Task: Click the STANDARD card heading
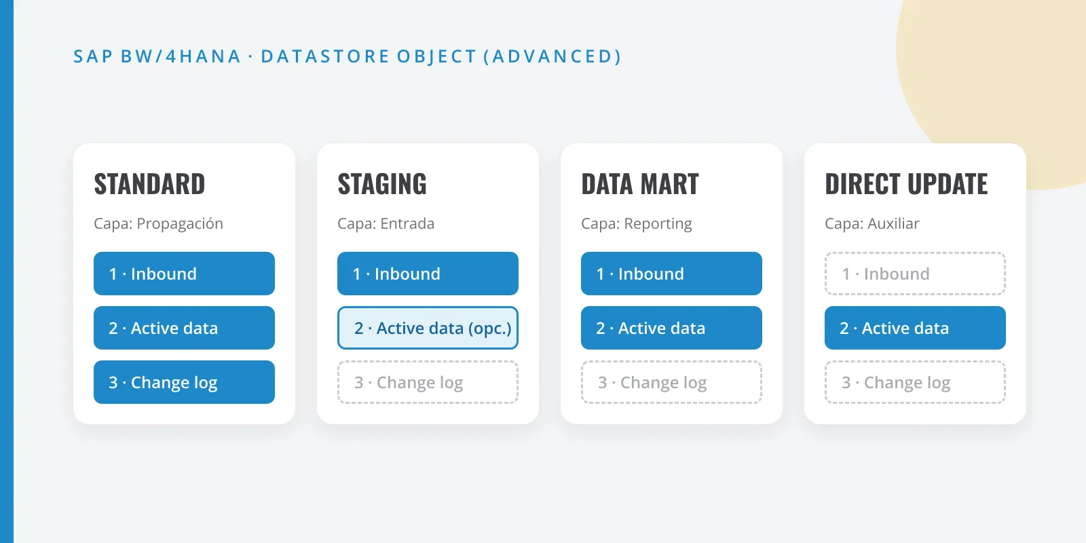[149, 184]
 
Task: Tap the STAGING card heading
[382, 184]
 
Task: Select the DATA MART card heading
[640, 184]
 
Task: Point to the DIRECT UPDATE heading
[906, 184]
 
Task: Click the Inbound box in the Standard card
[184, 274]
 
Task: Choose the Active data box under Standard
[184, 328]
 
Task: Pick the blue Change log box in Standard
[184, 382]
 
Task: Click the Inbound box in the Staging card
[428, 274]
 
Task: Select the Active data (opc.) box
[428, 328]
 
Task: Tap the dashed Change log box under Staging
[428, 382]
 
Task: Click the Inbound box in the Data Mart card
[671, 274]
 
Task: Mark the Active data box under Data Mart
[671, 328]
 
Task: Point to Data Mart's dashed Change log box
[671, 382]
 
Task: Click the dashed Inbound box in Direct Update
[915, 274]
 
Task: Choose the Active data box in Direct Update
[915, 328]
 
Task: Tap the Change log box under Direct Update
[915, 382]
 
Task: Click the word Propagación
[180, 224]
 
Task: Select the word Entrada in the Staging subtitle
[407, 223]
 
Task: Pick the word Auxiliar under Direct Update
[893, 223]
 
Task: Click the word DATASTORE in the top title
[325, 56]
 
